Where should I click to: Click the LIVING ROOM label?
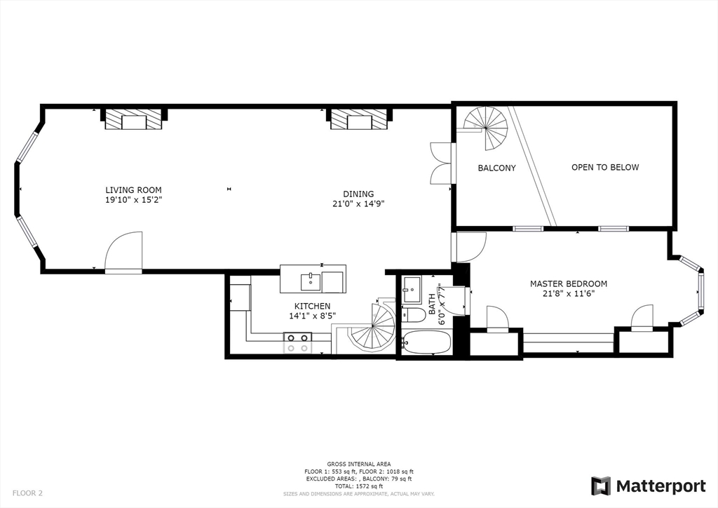click(133, 189)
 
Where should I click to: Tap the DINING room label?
click(358, 194)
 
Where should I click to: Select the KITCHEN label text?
click(312, 306)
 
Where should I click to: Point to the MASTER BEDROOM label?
click(568, 283)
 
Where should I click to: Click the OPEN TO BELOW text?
click(605, 167)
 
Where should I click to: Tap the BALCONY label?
click(496, 168)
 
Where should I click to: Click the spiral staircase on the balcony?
click(488, 127)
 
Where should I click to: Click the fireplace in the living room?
click(133, 121)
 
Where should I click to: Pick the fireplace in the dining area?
click(358, 121)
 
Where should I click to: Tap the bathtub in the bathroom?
click(426, 342)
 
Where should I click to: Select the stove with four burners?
click(297, 342)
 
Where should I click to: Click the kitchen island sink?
click(311, 281)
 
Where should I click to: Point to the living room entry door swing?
click(124, 251)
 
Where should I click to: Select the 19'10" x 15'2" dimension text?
click(133, 200)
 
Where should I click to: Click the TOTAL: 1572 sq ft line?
click(358, 486)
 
